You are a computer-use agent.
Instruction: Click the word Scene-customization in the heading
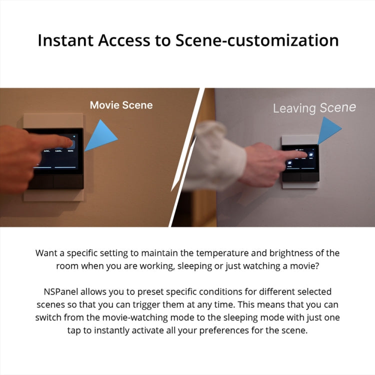tap(257, 40)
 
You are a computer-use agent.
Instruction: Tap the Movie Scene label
tap(121, 105)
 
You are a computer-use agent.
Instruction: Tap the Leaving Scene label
tap(314, 107)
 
